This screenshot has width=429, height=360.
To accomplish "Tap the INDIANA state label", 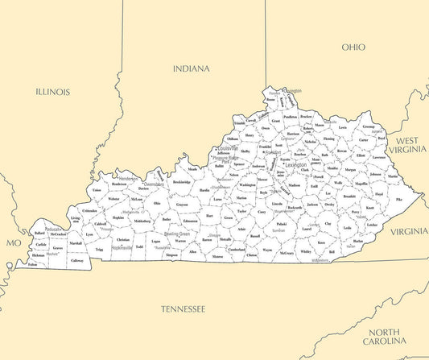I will click(191, 68).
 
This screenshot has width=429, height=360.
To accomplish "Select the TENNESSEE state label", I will click(183, 308).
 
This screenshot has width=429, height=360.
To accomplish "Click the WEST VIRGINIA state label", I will click(406, 145).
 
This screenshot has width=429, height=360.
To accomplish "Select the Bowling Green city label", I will click(176, 234).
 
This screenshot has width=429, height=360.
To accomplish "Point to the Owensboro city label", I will click(154, 184).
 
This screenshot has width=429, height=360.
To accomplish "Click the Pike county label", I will click(399, 199).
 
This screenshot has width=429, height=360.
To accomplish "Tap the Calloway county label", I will click(77, 261).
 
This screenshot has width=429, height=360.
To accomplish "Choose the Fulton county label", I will click(32, 264).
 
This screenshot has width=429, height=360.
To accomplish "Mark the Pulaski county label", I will click(281, 224).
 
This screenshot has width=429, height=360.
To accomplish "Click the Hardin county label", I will click(204, 191).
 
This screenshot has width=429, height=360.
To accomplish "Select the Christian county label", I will click(122, 240).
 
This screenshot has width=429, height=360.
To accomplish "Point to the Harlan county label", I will click(357, 241).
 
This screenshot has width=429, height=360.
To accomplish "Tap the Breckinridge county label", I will click(182, 182).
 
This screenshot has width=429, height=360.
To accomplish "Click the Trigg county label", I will click(99, 250).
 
